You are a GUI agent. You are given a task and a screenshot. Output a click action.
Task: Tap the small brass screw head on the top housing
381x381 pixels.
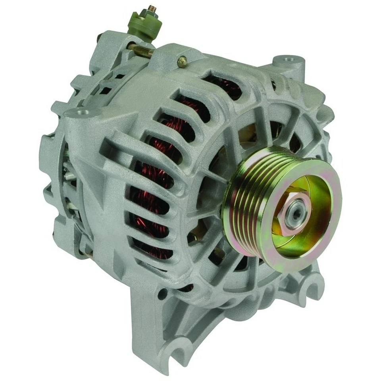pyautogui.click(x=182, y=61)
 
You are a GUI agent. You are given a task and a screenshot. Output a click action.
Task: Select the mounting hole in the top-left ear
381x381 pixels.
pyautogui.click(x=83, y=113)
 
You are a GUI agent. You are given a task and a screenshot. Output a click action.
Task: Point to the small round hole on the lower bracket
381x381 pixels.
pyautogui.click(x=162, y=294)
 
